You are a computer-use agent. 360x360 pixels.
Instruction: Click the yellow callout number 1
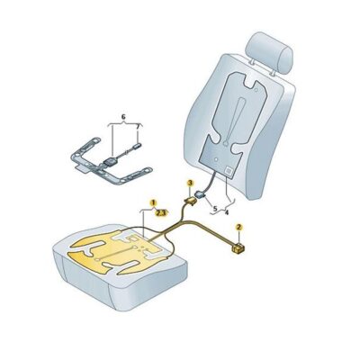[154, 203]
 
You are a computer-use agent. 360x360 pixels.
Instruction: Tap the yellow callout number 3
[190, 183]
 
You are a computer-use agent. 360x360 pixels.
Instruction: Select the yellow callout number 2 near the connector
[239, 227]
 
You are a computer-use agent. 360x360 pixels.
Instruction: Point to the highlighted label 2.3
[160, 212]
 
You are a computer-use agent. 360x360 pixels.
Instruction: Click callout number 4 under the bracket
[226, 213]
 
